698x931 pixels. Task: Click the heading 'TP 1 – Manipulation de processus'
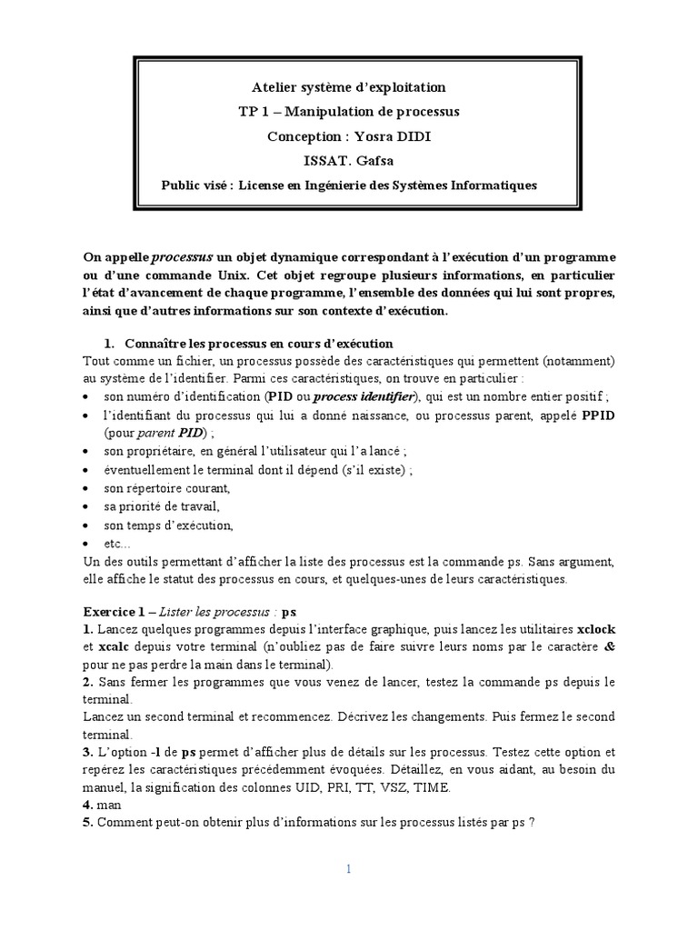tap(348, 112)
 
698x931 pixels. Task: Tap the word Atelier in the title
tap(274, 87)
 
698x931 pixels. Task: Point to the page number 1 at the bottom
tap(348, 869)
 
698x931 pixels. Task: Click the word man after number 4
tap(109, 806)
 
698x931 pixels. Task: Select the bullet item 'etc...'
tap(117, 544)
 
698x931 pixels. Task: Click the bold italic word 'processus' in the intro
tap(182, 257)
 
